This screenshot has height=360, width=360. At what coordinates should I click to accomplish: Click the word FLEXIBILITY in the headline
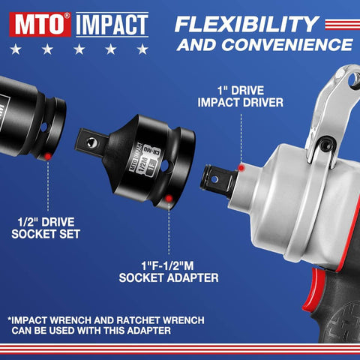(247, 24)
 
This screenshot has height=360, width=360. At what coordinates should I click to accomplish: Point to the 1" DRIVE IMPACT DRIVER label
(239, 97)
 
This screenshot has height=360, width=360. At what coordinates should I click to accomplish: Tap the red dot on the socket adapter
(169, 199)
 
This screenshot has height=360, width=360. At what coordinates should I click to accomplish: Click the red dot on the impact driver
(241, 167)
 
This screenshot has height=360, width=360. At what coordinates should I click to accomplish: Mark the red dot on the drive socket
(49, 156)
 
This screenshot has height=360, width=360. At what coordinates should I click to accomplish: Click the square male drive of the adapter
(90, 137)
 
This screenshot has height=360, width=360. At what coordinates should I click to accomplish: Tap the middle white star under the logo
(79, 50)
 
